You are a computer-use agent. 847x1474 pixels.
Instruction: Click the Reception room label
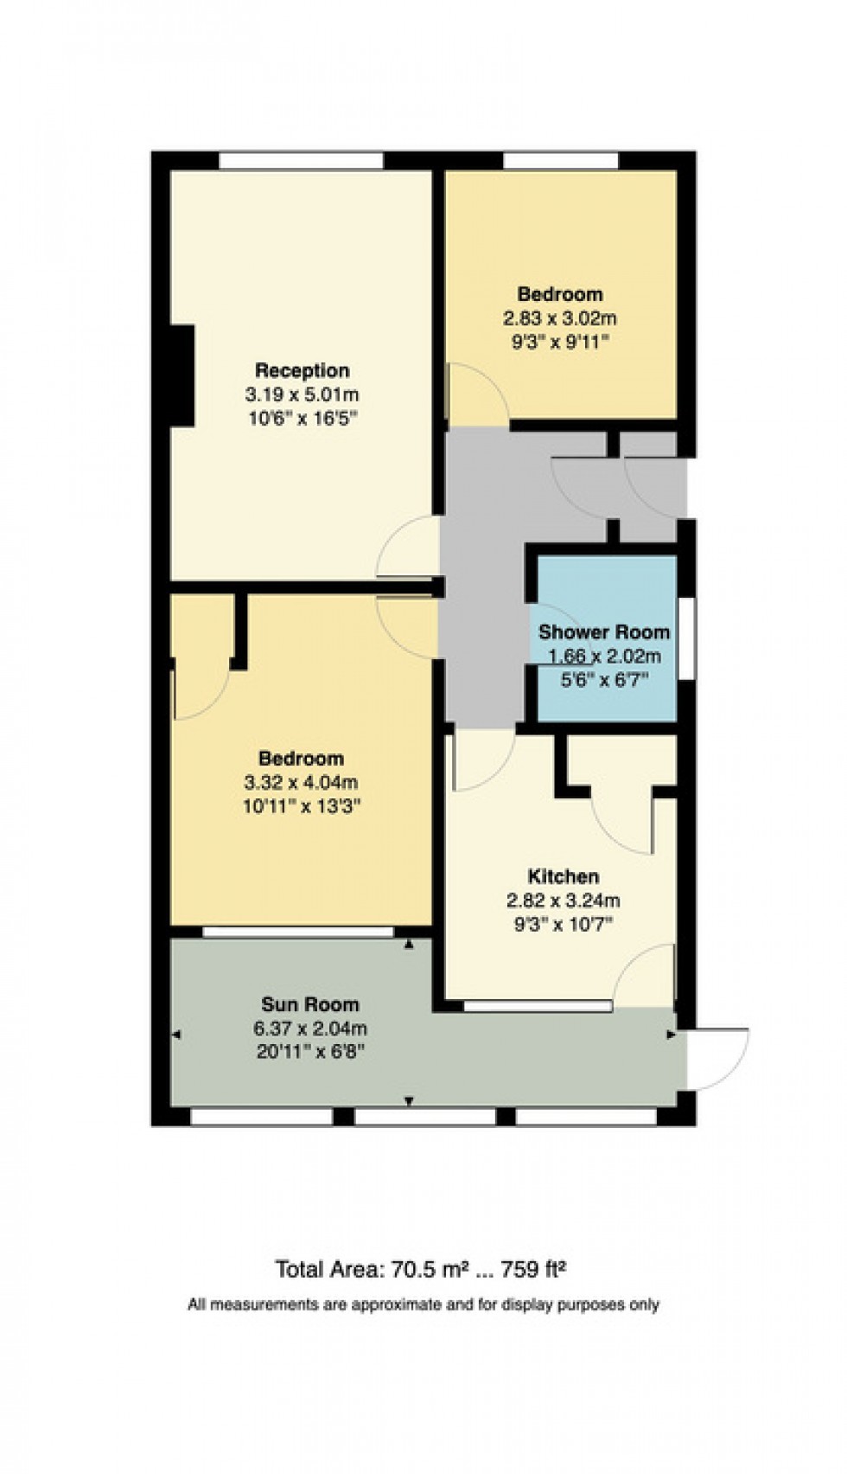(302, 370)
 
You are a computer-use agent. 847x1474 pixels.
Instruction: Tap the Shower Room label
(603, 631)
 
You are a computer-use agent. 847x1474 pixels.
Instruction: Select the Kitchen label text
(564, 876)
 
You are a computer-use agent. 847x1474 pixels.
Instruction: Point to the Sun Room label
(309, 1004)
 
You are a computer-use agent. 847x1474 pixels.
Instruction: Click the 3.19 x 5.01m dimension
(302, 395)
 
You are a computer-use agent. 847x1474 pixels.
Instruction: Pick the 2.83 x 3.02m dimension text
(560, 317)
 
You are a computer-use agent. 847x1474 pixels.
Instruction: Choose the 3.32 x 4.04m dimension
(301, 783)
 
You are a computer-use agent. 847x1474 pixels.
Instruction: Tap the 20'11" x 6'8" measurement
(309, 1053)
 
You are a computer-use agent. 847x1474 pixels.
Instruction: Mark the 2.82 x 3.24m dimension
(564, 900)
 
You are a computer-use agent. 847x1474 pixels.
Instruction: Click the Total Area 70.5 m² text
(420, 1270)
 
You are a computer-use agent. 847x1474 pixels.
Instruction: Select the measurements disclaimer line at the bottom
(423, 1304)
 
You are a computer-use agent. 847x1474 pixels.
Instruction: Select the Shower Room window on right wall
(685, 638)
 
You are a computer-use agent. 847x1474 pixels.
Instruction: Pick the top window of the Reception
(301, 161)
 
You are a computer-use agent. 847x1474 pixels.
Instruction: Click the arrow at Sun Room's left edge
(176, 1035)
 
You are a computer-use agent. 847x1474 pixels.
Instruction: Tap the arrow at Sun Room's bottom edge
(409, 1101)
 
